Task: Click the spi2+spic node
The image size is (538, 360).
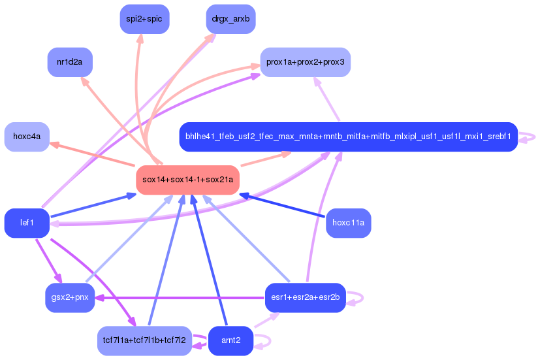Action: [144, 19]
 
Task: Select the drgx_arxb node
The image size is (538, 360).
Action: [230, 19]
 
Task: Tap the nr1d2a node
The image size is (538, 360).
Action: [70, 62]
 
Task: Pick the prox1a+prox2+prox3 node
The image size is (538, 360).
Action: [306, 62]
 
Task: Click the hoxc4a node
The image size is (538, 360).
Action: [27, 137]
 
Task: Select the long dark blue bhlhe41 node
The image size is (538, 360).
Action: [348, 137]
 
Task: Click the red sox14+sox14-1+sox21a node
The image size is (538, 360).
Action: [187, 180]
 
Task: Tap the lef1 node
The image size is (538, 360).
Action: [27, 223]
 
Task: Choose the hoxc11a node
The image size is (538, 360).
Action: [348, 223]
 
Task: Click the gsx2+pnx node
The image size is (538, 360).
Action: [70, 297]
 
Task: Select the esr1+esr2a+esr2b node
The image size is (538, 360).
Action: [306, 297]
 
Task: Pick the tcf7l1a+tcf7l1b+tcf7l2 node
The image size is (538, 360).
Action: [144, 341]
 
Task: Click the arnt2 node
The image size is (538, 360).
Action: [230, 341]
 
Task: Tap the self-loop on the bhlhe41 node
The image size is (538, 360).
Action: [527, 137]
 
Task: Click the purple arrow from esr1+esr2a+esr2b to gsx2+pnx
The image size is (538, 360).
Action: [180, 298]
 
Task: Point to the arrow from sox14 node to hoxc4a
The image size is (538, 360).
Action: [92, 155]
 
